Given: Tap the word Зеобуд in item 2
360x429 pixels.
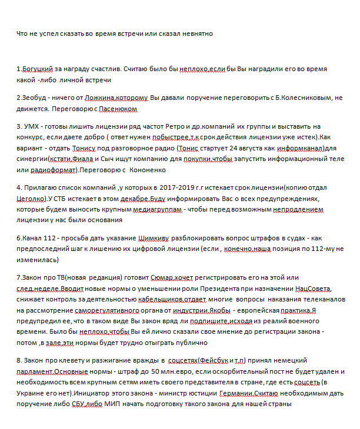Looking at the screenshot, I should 35,98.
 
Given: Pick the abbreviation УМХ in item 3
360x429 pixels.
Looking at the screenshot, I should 31,126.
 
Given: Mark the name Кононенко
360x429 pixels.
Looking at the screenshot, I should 147,170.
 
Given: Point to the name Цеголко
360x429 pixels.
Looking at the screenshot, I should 31,199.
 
